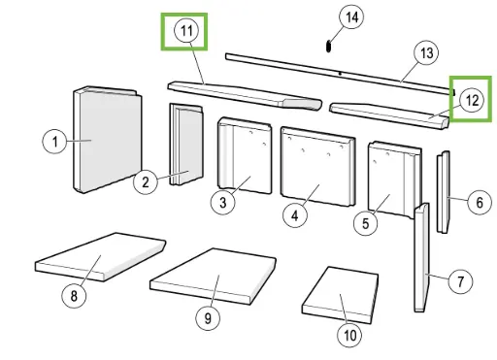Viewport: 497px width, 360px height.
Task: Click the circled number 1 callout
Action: (55, 142)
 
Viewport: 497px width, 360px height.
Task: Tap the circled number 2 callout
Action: (146, 182)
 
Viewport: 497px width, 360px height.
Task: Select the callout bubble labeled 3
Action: (223, 203)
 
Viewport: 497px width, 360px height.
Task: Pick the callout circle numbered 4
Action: (295, 215)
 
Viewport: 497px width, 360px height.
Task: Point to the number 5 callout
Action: (366, 223)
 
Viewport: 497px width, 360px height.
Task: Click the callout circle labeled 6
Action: (480, 202)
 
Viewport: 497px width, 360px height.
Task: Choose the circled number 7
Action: (460, 281)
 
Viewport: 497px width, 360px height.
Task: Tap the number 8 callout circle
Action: (74, 296)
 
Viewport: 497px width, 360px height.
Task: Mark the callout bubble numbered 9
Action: (208, 318)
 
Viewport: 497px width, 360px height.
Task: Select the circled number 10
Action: (349, 335)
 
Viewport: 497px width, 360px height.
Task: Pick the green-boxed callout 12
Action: (472, 101)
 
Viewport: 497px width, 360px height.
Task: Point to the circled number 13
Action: (426, 53)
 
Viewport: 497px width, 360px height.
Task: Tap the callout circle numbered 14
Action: (351, 16)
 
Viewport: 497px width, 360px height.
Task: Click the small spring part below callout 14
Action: (328, 46)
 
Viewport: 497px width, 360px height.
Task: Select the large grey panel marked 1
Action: (108, 140)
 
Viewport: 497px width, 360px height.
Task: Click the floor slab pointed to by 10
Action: (341, 295)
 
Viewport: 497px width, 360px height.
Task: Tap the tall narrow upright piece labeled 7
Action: (422, 258)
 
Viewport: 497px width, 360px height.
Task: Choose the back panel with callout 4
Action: (318, 166)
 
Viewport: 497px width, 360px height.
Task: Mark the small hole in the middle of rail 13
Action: (340, 74)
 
